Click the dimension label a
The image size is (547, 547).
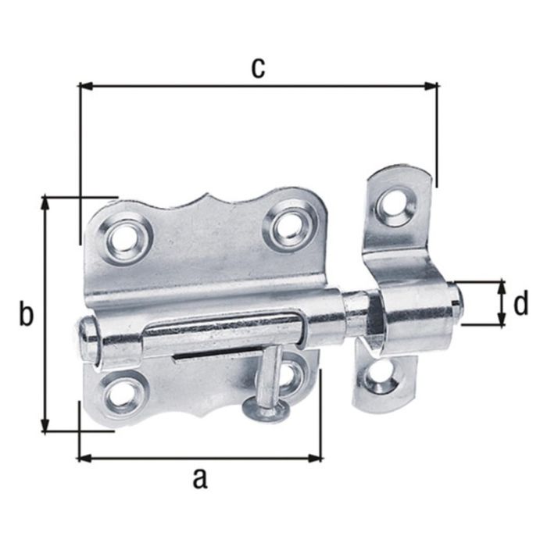pos(200,476)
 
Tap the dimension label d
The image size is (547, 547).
pos(521,302)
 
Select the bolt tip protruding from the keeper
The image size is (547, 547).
pos(459,303)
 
